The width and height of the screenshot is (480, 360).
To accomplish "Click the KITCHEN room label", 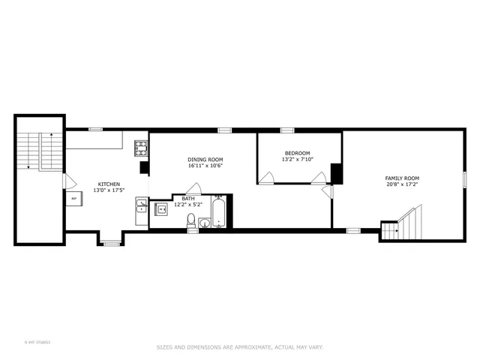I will [x=108, y=184].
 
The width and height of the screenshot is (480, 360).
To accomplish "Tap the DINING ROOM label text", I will [x=205, y=160].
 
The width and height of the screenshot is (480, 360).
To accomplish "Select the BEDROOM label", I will [x=296, y=152].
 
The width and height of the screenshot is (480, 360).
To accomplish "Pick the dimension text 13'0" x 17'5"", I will [x=108, y=190].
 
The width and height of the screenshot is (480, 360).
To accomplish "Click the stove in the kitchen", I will [x=141, y=148].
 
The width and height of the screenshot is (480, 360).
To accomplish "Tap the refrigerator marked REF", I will [x=74, y=199].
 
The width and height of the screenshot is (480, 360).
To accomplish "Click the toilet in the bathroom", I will [x=191, y=220].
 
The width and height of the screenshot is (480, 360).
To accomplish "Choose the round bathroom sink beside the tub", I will [x=205, y=222].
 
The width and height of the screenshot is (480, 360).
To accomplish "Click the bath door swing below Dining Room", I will [x=193, y=188].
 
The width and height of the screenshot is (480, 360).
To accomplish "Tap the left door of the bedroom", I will [x=266, y=178].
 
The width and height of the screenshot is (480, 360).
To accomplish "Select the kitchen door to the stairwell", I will [x=68, y=181].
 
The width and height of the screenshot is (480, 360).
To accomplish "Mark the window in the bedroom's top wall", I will [x=286, y=130].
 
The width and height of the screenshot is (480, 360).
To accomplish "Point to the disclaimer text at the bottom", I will [x=239, y=346].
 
